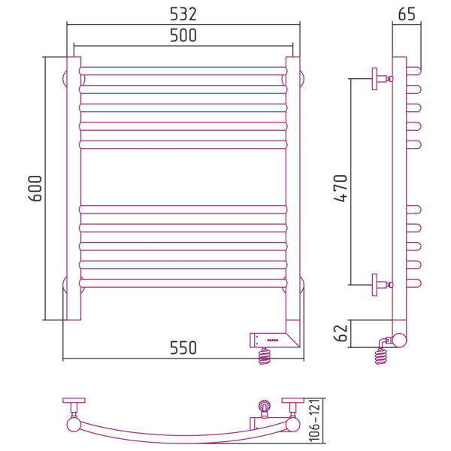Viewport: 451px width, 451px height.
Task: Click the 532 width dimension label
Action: pyautogui.click(x=183, y=14)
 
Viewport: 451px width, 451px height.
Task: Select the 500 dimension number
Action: pyautogui.click(x=183, y=35)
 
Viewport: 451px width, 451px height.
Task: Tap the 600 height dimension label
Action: pyautogui.click(x=35, y=189)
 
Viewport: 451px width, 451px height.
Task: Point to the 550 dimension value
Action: pyautogui.click(x=183, y=347)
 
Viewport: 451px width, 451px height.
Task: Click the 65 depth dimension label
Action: pyautogui.click(x=407, y=14)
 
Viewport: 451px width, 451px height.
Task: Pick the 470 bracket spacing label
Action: pyautogui.click(x=341, y=188)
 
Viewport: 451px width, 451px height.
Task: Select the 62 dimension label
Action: pyautogui.click(x=341, y=333)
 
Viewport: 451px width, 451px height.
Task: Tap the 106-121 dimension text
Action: pyautogui.click(x=315, y=420)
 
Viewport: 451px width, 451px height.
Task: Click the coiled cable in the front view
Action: pyautogui.click(x=265, y=356)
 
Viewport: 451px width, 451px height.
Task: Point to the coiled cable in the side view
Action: pyautogui.click(x=381, y=356)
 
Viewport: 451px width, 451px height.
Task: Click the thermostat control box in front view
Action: pyautogui.click(x=274, y=341)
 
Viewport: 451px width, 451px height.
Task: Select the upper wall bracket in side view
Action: pyautogui.click(x=382, y=79)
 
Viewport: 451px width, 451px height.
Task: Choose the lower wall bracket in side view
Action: pyautogui.click(x=382, y=285)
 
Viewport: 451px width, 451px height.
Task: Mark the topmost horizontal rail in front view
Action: pyautogui.click(x=183, y=71)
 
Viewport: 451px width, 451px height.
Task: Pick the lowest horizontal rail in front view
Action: pyautogui.click(x=183, y=283)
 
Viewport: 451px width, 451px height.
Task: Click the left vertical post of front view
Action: pyautogui.click(x=74, y=189)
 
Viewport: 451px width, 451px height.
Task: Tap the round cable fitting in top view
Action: pyautogui.click(x=265, y=406)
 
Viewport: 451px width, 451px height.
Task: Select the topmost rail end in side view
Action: pyautogui.click(x=414, y=71)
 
